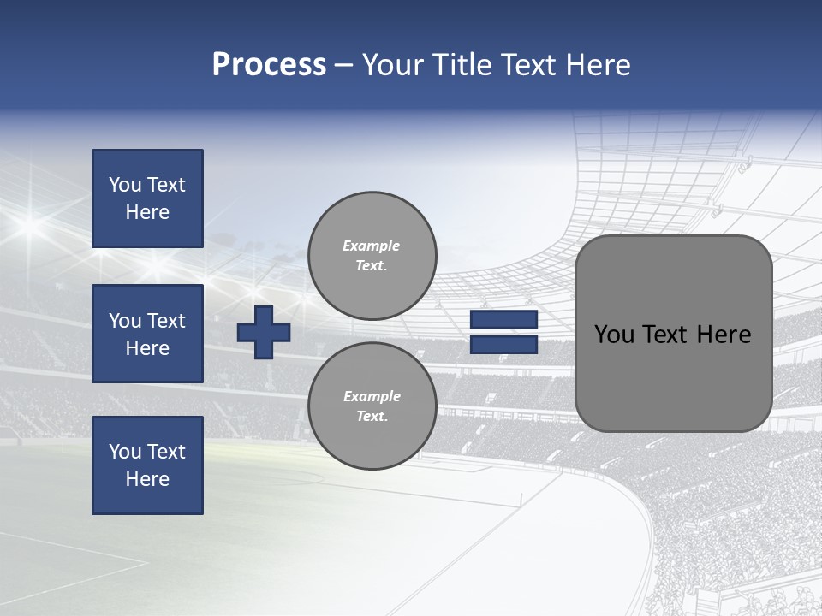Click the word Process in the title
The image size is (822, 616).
[269, 65]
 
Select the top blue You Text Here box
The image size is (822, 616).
[147, 198]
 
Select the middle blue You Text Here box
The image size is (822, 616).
[147, 334]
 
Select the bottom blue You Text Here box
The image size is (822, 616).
[147, 465]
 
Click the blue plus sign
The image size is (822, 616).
[264, 332]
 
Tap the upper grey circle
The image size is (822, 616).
[372, 256]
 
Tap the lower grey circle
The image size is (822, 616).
[372, 406]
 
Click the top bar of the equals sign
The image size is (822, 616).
[503, 320]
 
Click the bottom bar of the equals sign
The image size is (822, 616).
[503, 345]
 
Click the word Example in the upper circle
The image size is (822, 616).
[372, 246]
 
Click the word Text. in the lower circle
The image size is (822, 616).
[372, 417]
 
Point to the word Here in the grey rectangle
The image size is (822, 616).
[724, 335]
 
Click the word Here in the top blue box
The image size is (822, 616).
[147, 213]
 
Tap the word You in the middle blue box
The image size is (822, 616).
[124, 321]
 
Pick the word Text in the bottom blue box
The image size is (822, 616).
[165, 452]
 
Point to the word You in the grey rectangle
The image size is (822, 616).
[614, 335]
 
